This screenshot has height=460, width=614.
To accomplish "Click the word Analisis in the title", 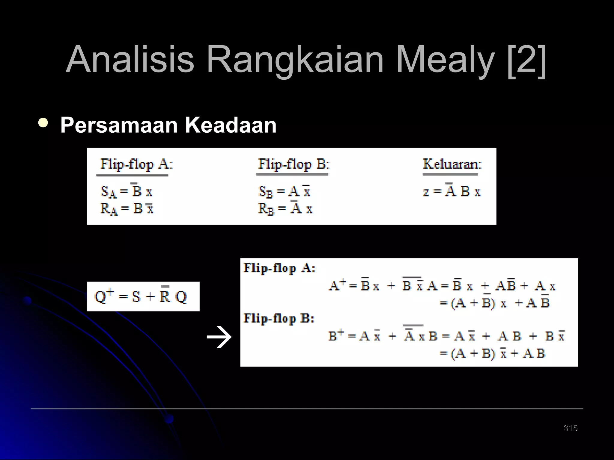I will pyautogui.click(x=130, y=59).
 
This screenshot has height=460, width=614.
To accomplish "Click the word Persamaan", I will pyautogui.click(x=119, y=125).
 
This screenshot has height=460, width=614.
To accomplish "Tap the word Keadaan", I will pyautogui.click(x=231, y=125).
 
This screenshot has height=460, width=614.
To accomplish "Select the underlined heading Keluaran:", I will pyautogui.click(x=452, y=164).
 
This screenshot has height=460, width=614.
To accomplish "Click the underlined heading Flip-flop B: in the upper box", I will pyautogui.click(x=294, y=164).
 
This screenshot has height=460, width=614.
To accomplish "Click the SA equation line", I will pyautogui.click(x=127, y=191).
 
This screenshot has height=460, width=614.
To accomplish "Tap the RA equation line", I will pyautogui.click(x=127, y=208).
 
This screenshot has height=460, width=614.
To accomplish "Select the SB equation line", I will pyautogui.click(x=284, y=191).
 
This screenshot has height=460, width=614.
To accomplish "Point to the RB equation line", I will pyautogui.click(x=285, y=208).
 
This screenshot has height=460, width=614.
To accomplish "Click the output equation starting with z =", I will pyautogui.click(x=452, y=191).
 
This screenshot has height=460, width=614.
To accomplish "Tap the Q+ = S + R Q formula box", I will pyautogui.click(x=143, y=296).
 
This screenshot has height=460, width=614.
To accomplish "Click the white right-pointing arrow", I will pyautogui.click(x=219, y=337).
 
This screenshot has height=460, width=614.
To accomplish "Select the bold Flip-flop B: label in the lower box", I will pyautogui.click(x=279, y=318).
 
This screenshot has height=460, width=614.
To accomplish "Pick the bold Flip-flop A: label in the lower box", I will pyautogui.click(x=279, y=268).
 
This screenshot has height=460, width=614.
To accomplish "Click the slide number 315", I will pyautogui.click(x=570, y=428).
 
